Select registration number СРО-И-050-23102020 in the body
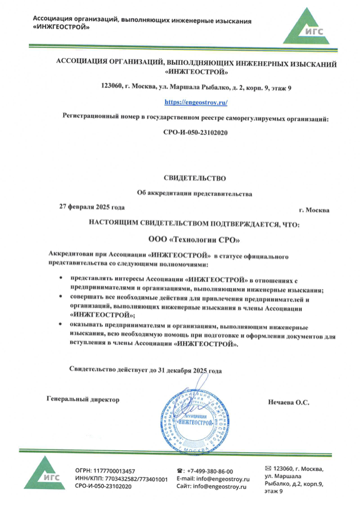coord(195,132)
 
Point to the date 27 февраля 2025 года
coord(92,205)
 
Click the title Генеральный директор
coord(82,398)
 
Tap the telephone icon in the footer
coord(180,470)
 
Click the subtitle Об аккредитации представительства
coord(194,194)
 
